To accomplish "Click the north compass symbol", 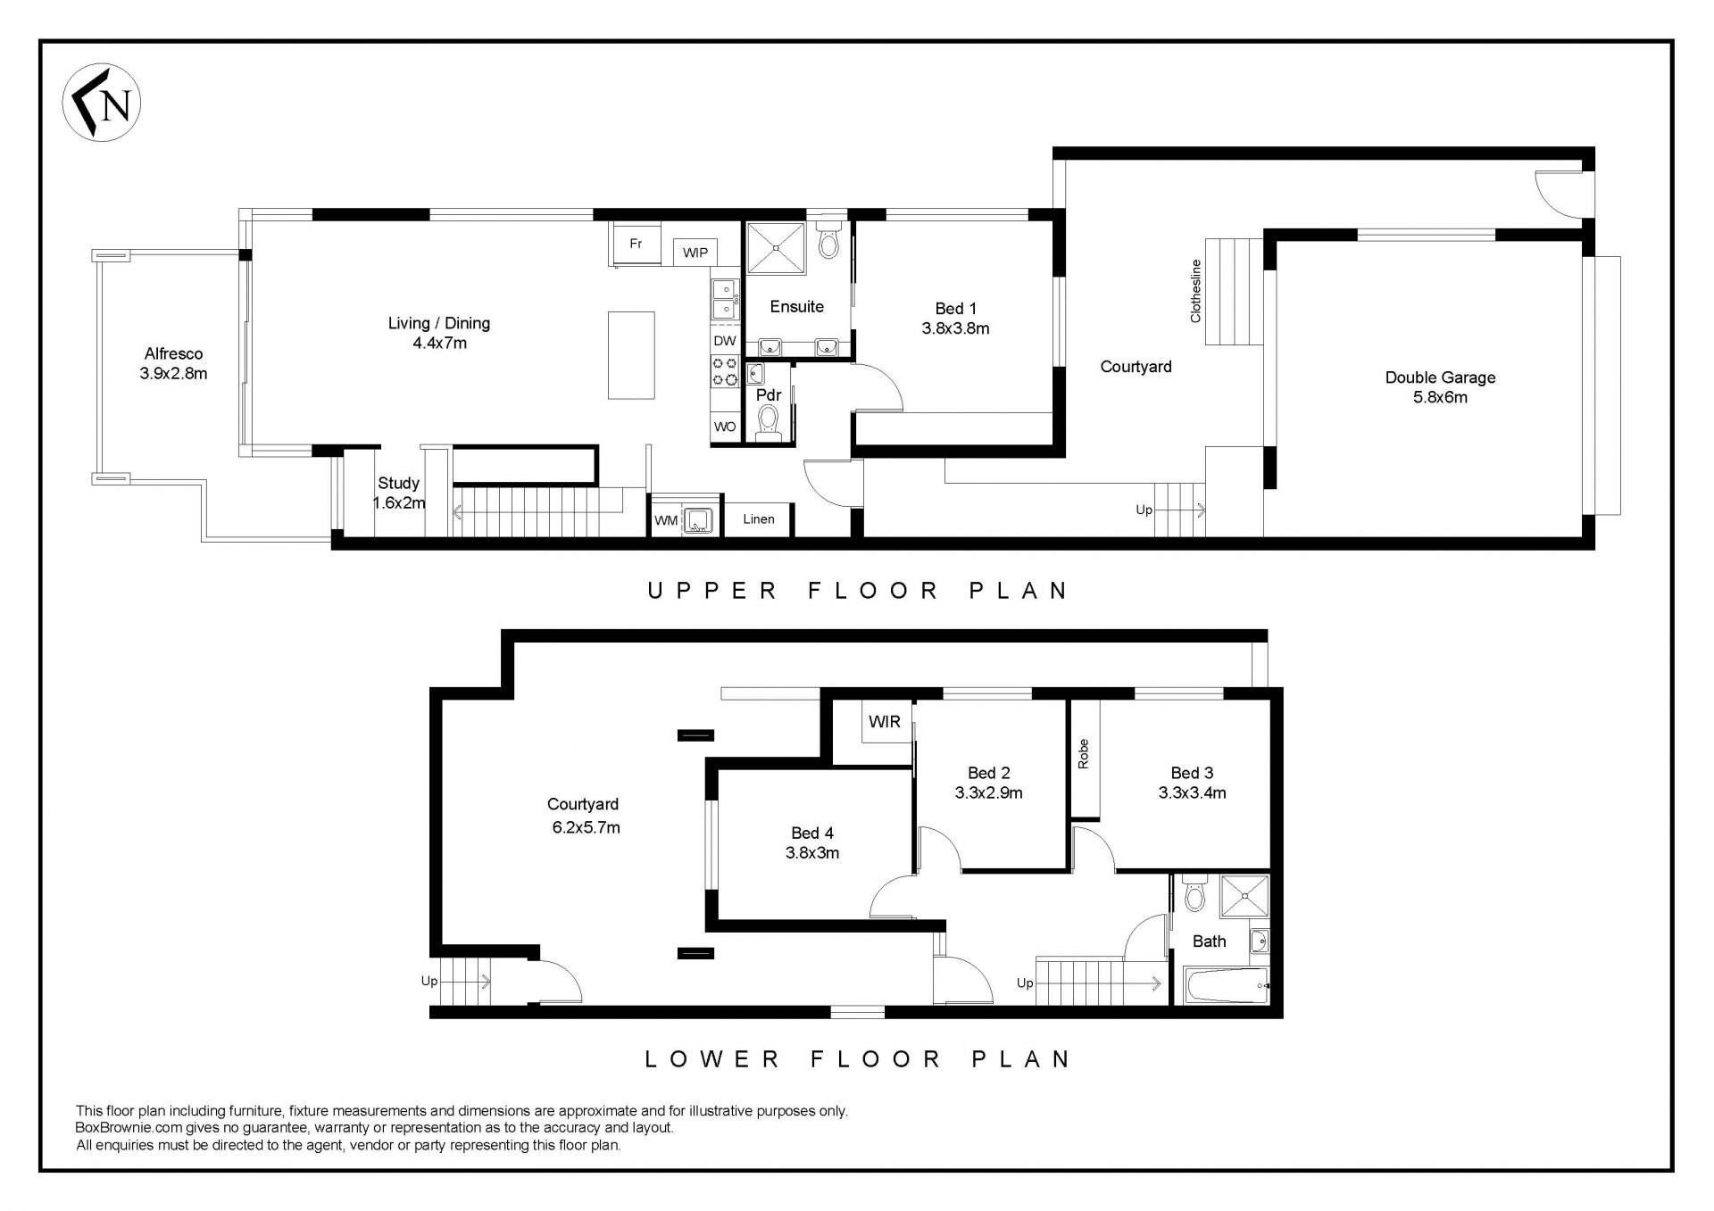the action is tap(102, 103).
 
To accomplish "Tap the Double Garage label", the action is tap(1440, 377).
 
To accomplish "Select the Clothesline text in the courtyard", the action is tap(1196, 291).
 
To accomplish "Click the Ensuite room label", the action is tap(797, 307).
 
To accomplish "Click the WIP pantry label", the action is tap(695, 253).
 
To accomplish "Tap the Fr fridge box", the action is tap(636, 243).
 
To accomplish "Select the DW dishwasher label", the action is tap(725, 341).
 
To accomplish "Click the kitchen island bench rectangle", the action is tap(631, 355).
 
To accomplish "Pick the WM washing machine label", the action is tap(666, 520).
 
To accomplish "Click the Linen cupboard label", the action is tap(759, 519).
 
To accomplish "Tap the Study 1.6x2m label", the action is tap(398, 493).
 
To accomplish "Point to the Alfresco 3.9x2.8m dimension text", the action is tap(173, 374).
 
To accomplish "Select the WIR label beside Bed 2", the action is tap(885, 721).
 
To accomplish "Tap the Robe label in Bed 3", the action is tap(1084, 754).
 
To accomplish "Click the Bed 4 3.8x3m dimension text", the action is tap(812, 853).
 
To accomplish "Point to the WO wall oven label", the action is tap(725, 427).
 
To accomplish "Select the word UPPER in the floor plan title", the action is tap(713, 591).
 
